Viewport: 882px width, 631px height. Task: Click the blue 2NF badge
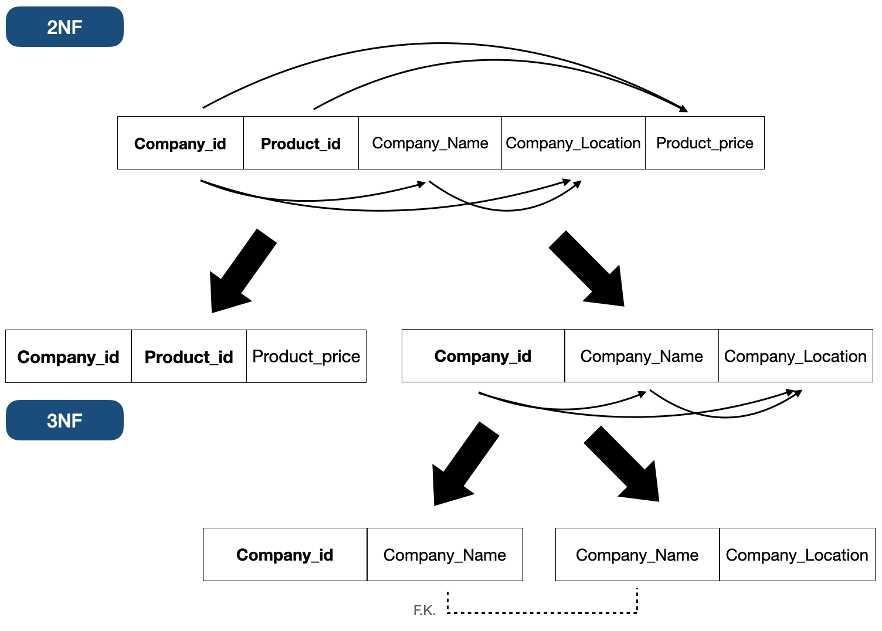(x=65, y=27)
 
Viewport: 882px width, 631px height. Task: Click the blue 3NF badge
(x=65, y=420)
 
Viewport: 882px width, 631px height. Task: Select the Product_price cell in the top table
(x=704, y=143)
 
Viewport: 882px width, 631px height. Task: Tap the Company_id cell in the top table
(x=180, y=143)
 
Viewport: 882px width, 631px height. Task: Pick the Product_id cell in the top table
(x=300, y=143)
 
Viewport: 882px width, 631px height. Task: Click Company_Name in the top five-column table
(x=430, y=143)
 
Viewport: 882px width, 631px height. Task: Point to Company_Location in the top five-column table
(x=573, y=143)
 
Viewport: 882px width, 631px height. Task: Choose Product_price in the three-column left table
(x=306, y=357)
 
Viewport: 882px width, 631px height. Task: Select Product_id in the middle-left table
(x=189, y=357)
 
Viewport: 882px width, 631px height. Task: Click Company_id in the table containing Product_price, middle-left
(x=68, y=357)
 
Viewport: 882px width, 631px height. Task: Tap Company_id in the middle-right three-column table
(x=483, y=356)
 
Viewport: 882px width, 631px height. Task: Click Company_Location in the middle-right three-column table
(x=795, y=356)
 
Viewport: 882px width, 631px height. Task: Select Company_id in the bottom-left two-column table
(x=284, y=555)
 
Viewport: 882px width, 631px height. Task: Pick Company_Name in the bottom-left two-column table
(x=445, y=555)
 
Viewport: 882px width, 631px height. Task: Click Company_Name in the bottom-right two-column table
(x=637, y=555)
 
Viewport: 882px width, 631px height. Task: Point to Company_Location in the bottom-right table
(x=797, y=555)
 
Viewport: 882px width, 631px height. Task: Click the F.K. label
(x=424, y=610)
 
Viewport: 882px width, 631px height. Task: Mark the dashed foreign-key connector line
(x=542, y=613)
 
